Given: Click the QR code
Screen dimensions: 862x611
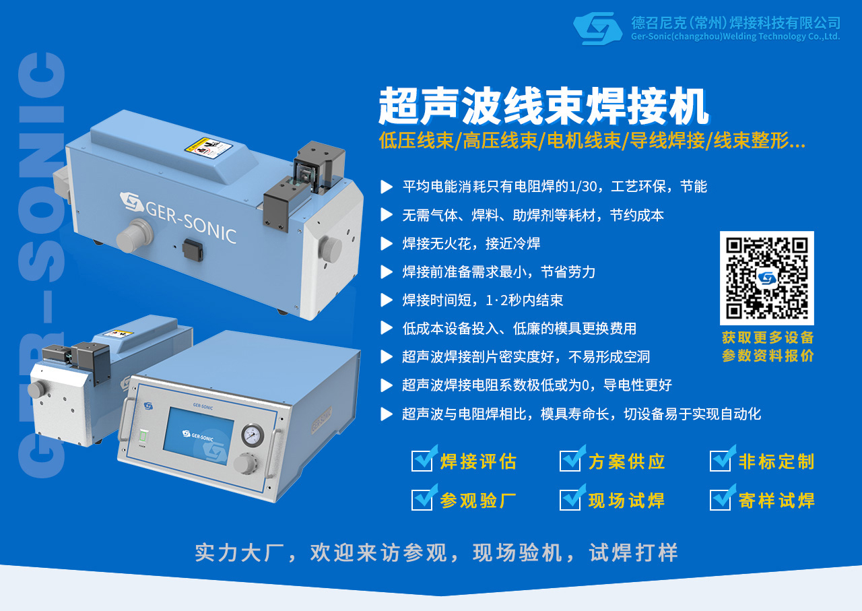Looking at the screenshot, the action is tap(766, 278).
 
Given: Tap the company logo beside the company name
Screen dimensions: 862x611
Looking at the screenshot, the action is tap(597, 28).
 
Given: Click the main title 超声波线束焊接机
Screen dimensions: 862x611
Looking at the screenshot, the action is tap(543, 106).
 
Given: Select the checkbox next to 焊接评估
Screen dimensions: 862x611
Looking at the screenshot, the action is tap(422, 461).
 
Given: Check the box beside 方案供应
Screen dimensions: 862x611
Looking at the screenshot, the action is tap(570, 461).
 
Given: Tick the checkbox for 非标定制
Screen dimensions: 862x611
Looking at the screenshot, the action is tap(721, 461).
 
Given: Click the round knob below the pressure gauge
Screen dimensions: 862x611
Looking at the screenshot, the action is tap(244, 464).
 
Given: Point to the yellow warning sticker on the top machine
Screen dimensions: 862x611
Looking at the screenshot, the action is tap(209, 147).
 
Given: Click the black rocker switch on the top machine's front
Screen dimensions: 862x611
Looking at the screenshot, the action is tap(193, 249).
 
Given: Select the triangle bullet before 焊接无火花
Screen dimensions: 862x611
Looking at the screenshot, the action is tap(387, 244).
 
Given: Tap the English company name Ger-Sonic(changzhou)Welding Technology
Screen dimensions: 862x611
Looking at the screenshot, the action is tap(735, 36).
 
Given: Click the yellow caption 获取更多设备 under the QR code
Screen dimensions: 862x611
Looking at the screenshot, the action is tap(768, 337).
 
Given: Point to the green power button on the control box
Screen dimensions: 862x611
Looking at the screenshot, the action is tap(143, 437).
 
